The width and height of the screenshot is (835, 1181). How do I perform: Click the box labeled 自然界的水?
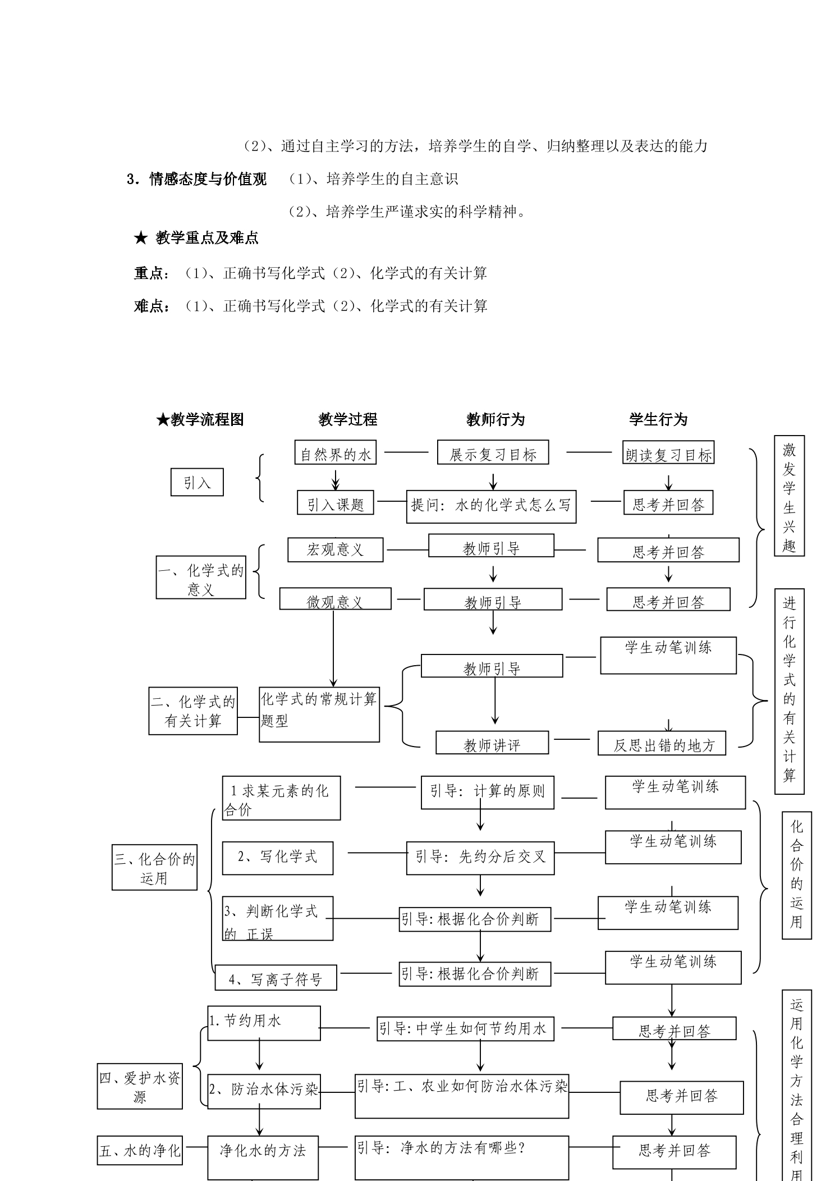click(x=336, y=452)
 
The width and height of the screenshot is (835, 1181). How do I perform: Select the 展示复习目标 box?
click(x=493, y=452)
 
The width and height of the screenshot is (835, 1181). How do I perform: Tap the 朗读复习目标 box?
click(x=668, y=452)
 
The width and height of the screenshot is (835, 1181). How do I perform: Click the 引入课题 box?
click(x=336, y=502)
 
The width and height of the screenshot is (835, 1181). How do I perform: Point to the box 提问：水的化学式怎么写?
click(x=491, y=506)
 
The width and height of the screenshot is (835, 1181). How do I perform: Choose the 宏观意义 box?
click(x=336, y=550)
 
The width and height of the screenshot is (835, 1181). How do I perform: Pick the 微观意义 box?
click(x=336, y=598)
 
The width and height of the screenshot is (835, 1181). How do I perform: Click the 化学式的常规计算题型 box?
click(x=319, y=714)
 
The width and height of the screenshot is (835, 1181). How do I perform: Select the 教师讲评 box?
click(x=492, y=742)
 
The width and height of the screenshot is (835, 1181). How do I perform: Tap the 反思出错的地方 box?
click(x=662, y=743)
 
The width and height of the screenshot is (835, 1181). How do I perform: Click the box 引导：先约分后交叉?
click(x=480, y=858)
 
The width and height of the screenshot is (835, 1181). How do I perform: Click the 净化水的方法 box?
click(x=264, y=1157)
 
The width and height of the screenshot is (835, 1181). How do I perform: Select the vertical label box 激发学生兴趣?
click(x=789, y=496)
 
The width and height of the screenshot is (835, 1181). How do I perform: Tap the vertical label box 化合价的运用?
click(x=797, y=875)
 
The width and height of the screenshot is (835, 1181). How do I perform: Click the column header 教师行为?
click(x=496, y=419)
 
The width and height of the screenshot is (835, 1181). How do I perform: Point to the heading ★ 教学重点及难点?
click(x=196, y=238)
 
